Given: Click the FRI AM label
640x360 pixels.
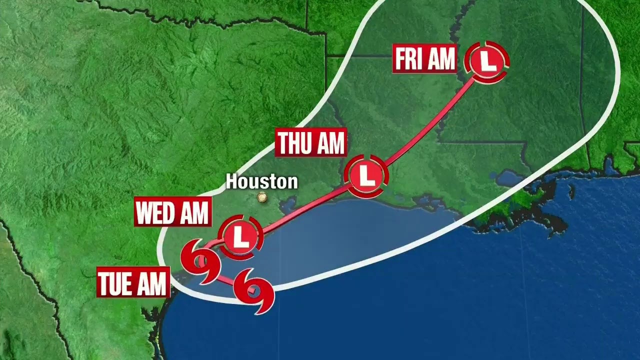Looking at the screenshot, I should click(x=424, y=59).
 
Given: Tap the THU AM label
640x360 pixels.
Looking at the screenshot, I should click(x=311, y=143).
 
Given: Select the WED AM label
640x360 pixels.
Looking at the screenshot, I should click(x=172, y=213).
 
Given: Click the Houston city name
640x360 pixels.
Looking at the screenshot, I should click(x=261, y=181).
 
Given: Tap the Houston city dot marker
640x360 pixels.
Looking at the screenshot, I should click(x=262, y=197).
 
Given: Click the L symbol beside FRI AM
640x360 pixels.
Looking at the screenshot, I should click(x=487, y=61).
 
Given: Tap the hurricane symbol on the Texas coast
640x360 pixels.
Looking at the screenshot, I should click(x=200, y=261).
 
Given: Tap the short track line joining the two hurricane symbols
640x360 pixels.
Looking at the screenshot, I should click(x=225, y=280).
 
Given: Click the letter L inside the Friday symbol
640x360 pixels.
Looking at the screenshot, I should click(x=487, y=61).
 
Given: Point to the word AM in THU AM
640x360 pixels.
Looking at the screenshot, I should click(x=329, y=143).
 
